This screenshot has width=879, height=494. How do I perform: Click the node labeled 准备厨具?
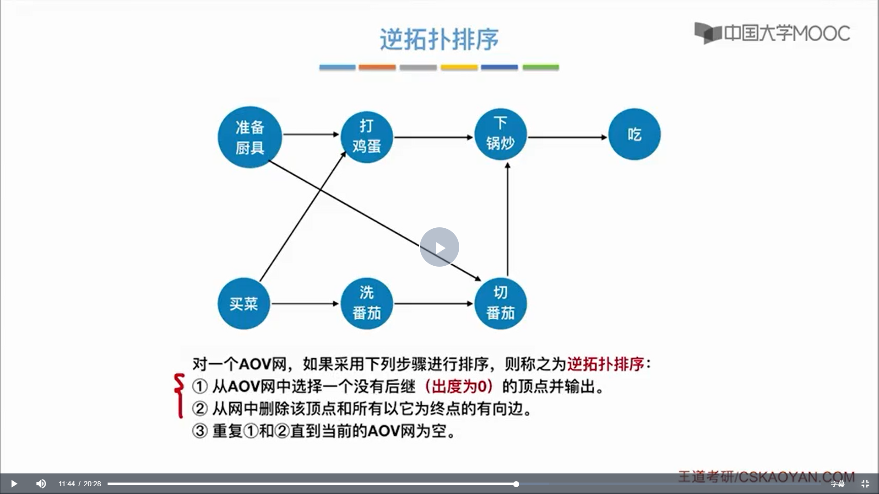[x=250, y=137]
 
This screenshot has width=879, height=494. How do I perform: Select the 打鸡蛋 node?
[x=367, y=136]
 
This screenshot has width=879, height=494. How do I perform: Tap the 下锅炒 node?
[x=500, y=134]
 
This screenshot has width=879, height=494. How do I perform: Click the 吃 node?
[x=634, y=134]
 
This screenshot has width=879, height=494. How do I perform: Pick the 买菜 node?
[x=244, y=303]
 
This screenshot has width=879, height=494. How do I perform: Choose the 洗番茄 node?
[x=367, y=303]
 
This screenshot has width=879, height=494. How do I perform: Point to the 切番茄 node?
[x=500, y=303]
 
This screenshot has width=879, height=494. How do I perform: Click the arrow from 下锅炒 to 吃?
[x=568, y=137]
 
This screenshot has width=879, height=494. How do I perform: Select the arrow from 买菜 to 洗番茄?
[x=305, y=303]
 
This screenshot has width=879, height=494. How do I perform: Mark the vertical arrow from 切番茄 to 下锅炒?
[x=507, y=220]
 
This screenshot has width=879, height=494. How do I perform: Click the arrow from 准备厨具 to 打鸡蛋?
[x=311, y=134]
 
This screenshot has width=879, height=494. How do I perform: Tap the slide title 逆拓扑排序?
[x=439, y=39]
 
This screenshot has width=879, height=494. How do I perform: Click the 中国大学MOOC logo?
[x=772, y=33]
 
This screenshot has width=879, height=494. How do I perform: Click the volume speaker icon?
[x=41, y=483]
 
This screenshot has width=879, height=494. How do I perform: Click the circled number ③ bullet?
[x=200, y=431]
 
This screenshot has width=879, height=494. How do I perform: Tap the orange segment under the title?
[x=377, y=67]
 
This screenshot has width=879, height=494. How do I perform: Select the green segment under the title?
[x=541, y=67]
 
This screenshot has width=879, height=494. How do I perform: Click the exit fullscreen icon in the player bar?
[x=865, y=483]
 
